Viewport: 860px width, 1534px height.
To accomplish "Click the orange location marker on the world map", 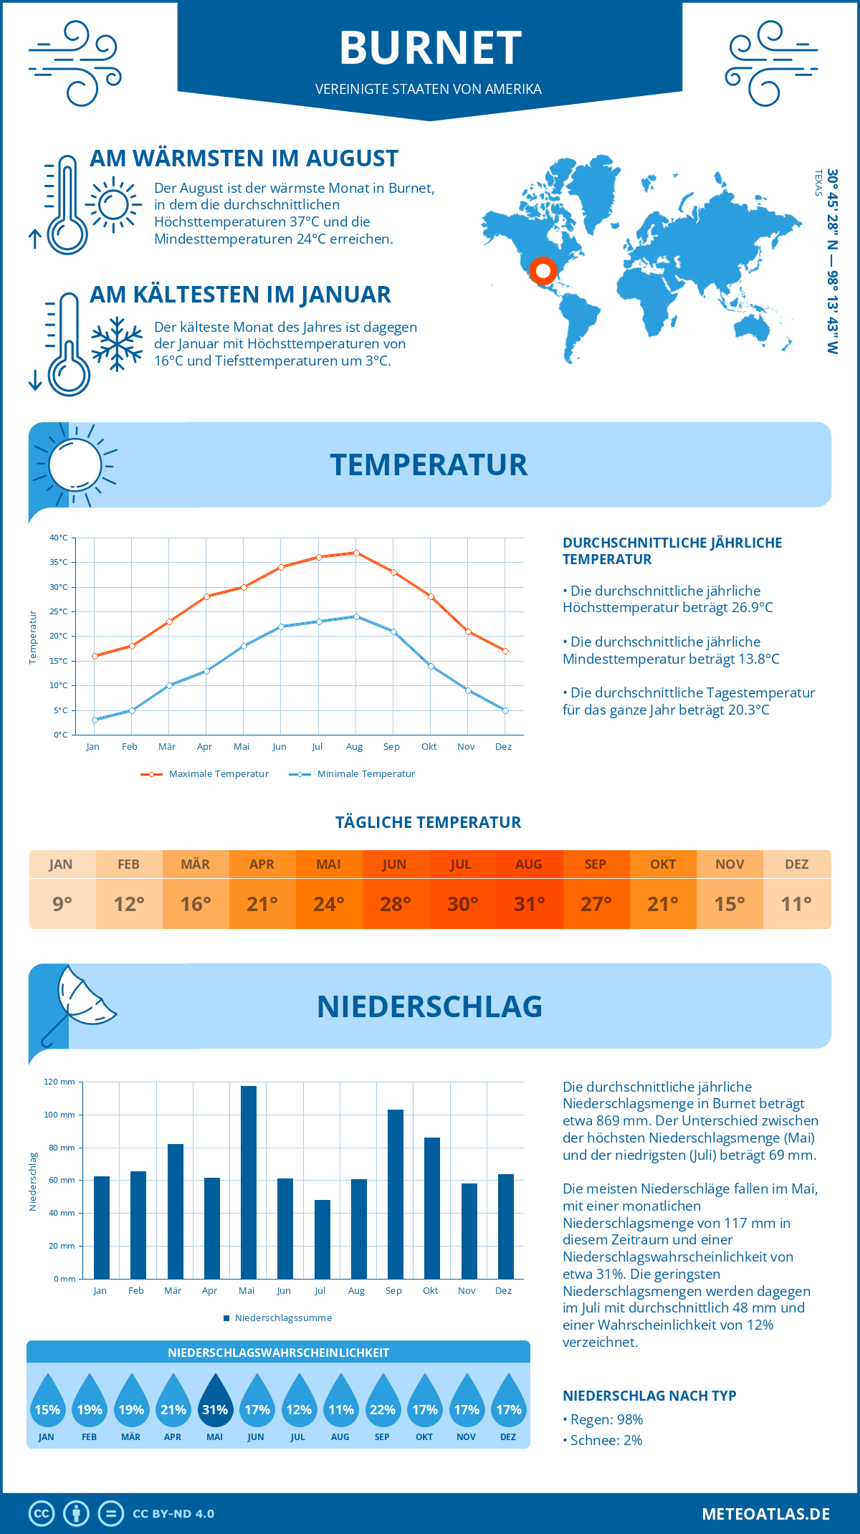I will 543,270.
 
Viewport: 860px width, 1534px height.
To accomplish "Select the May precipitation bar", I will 248,1183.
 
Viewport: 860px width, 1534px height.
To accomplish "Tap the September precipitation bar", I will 395,1194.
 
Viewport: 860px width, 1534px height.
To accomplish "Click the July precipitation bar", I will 322,1239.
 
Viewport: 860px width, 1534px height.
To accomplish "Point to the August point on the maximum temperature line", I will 356,553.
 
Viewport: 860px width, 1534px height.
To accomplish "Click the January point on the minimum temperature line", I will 95,720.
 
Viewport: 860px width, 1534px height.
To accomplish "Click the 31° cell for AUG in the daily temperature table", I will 529,904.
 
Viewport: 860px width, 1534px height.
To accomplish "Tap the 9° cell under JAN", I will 62,904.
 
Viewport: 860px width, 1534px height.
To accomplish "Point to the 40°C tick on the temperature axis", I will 59,538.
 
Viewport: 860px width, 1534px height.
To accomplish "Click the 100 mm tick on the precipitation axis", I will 59,1115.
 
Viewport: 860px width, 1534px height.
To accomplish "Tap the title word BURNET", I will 430,48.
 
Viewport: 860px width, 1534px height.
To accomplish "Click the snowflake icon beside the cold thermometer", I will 117,344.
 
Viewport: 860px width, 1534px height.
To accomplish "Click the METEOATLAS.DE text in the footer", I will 765,1514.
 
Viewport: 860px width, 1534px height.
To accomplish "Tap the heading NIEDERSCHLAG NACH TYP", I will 649,1396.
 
